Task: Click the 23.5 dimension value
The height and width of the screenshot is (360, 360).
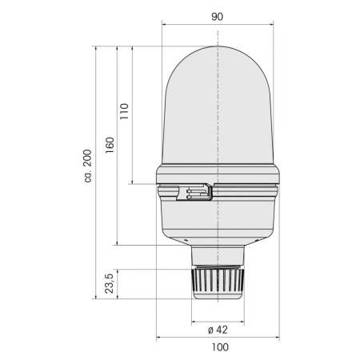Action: [110, 283]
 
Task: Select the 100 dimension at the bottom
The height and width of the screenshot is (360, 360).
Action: [220, 347]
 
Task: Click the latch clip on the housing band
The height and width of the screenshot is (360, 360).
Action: [196, 192]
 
